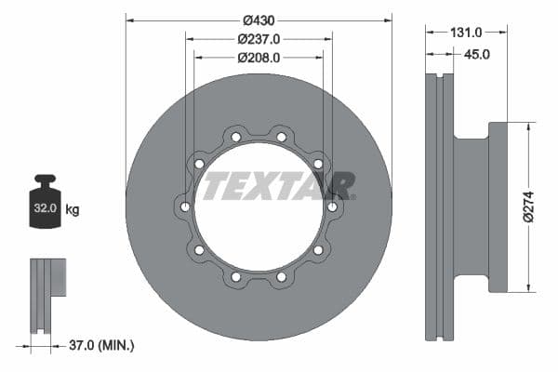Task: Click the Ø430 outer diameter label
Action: pyautogui.click(x=259, y=20)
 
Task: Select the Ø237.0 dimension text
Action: pyautogui.click(x=259, y=39)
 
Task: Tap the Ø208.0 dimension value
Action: pyautogui.click(x=259, y=57)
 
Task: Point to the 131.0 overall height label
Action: pyautogui.click(x=464, y=32)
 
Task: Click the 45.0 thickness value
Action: pyautogui.click(x=476, y=55)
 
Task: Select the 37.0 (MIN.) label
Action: pyautogui.click(x=101, y=345)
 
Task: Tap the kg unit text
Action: pyautogui.click(x=73, y=210)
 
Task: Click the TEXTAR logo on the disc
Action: pyautogui.click(x=278, y=186)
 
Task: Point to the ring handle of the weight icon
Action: pyautogui.click(x=44, y=179)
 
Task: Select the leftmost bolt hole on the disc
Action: pyautogui.click(x=185, y=206)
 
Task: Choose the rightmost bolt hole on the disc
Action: pyautogui.click(x=332, y=206)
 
